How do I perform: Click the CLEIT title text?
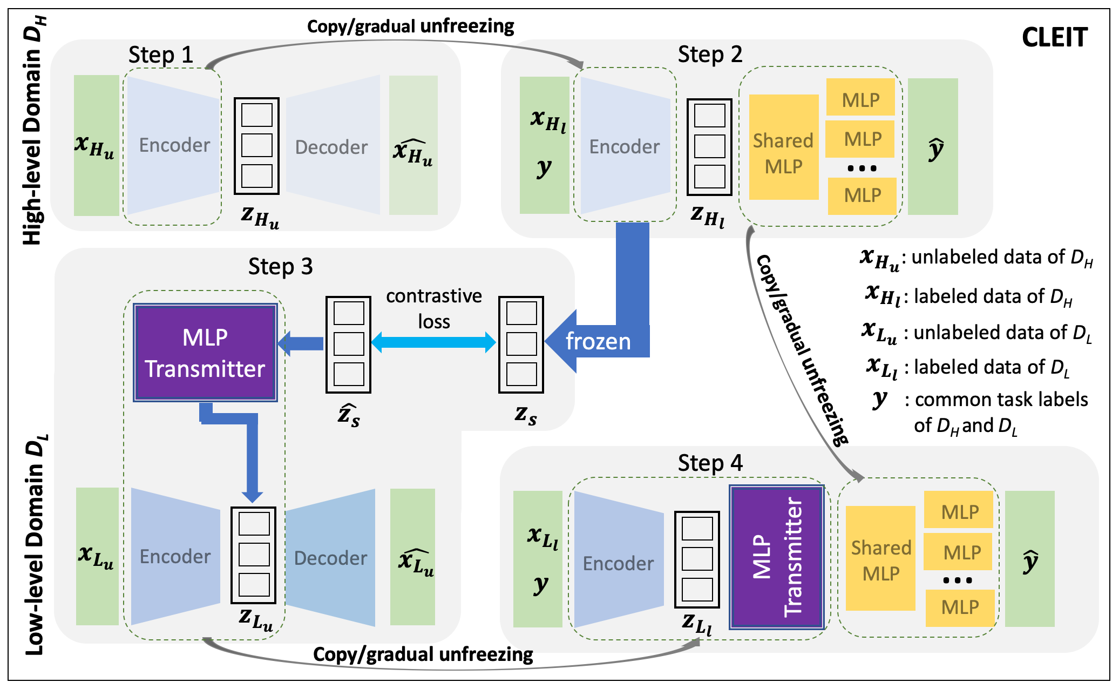click(1054, 38)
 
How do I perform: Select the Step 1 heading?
click(160, 55)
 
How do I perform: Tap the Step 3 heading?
click(280, 267)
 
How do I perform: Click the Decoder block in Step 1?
click(331, 147)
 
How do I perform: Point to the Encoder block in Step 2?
click(624, 146)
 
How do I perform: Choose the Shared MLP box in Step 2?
click(783, 153)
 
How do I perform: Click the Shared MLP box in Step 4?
click(880, 560)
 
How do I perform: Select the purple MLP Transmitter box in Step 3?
click(205, 353)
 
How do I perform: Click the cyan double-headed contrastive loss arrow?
click(433, 342)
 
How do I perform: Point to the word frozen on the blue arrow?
click(598, 342)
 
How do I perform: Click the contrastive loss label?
click(433, 308)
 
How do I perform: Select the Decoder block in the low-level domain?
click(330, 558)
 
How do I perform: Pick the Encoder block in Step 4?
click(618, 563)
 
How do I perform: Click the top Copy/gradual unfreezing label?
click(410, 26)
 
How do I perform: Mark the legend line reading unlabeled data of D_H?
click(977, 258)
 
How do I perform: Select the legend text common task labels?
click(1001, 400)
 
